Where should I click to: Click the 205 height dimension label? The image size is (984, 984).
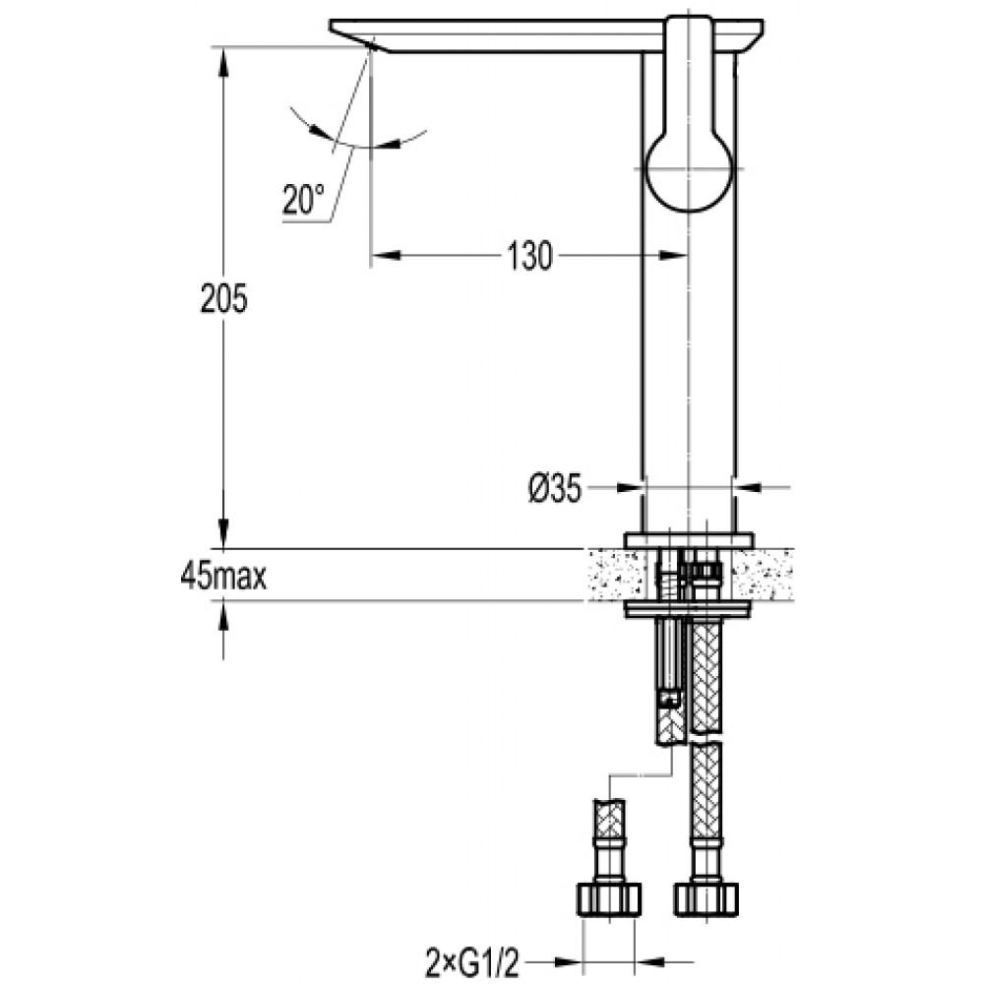(x=224, y=299)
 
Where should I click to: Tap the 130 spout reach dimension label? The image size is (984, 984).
(x=530, y=256)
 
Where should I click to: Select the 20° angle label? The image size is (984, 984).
(x=303, y=200)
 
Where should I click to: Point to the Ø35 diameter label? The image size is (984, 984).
(x=555, y=488)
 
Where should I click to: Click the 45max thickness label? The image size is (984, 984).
(x=223, y=576)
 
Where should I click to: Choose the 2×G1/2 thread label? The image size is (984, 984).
(x=472, y=964)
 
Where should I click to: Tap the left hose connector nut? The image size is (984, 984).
(x=608, y=899)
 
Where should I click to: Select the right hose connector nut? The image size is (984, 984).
(x=706, y=899)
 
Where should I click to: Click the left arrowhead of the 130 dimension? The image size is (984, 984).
(x=386, y=256)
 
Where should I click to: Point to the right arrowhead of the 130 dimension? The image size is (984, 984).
(x=673, y=256)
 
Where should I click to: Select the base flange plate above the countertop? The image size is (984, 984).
(x=689, y=539)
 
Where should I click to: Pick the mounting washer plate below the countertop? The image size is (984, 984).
(x=689, y=609)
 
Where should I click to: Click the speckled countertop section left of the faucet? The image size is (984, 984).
(x=617, y=575)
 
